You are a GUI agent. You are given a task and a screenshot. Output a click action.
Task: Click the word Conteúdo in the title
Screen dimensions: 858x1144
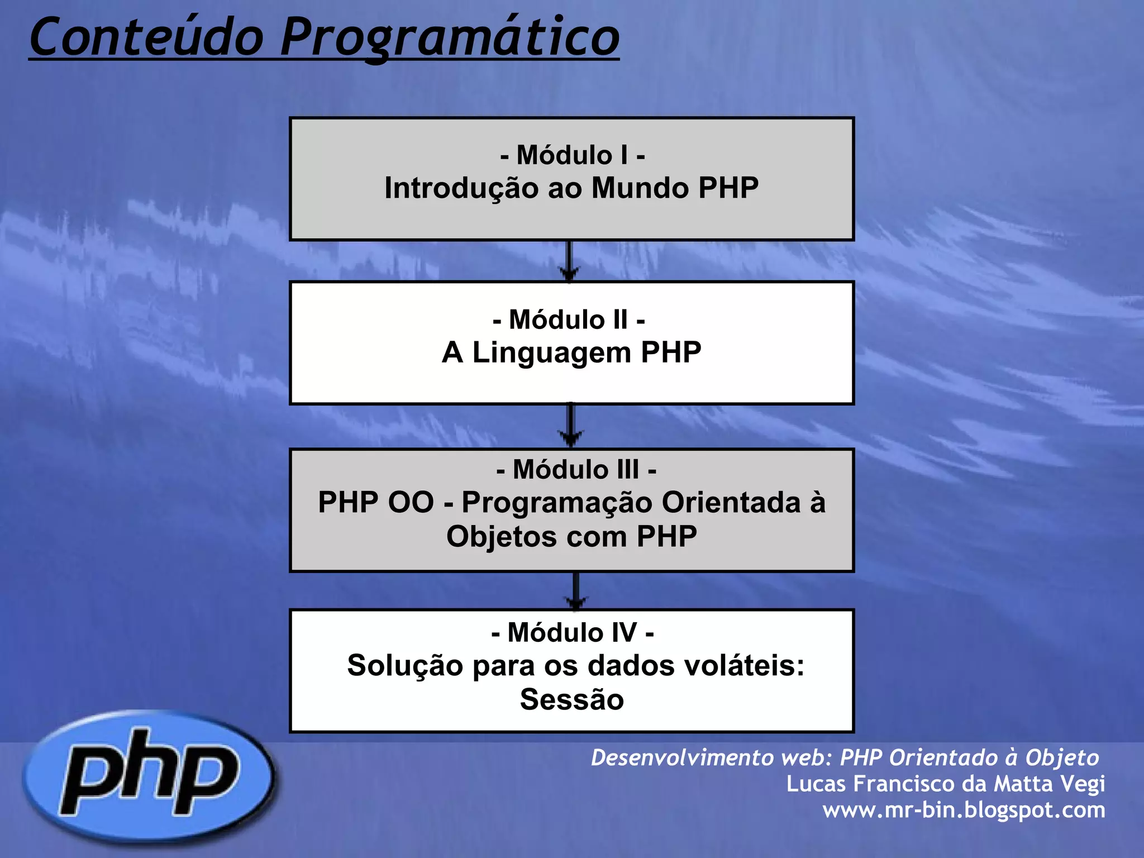[x=146, y=37]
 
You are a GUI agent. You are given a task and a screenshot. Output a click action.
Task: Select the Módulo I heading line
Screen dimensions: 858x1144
[x=572, y=155]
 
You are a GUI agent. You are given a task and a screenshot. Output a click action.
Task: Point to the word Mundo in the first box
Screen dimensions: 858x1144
[x=640, y=188]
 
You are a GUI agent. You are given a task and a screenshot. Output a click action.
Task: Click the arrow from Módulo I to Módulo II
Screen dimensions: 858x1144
[x=569, y=261]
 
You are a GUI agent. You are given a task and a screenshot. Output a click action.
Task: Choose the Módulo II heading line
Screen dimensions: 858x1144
[x=569, y=320]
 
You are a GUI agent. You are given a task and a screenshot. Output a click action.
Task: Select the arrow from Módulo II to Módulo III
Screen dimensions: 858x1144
[x=570, y=426]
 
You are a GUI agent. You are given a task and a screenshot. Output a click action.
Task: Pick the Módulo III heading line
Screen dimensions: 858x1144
[x=576, y=469]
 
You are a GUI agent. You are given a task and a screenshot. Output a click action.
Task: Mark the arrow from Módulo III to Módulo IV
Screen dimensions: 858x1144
[x=575, y=590]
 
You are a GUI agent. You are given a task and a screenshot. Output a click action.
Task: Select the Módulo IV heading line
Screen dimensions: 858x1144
[x=573, y=633]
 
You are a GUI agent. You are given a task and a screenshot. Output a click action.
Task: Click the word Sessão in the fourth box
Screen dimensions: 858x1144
[x=571, y=699]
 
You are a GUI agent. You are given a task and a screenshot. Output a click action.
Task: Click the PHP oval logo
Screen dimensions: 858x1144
[x=149, y=777]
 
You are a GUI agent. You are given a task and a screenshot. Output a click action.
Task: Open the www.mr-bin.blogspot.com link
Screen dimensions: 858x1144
[x=964, y=810]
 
